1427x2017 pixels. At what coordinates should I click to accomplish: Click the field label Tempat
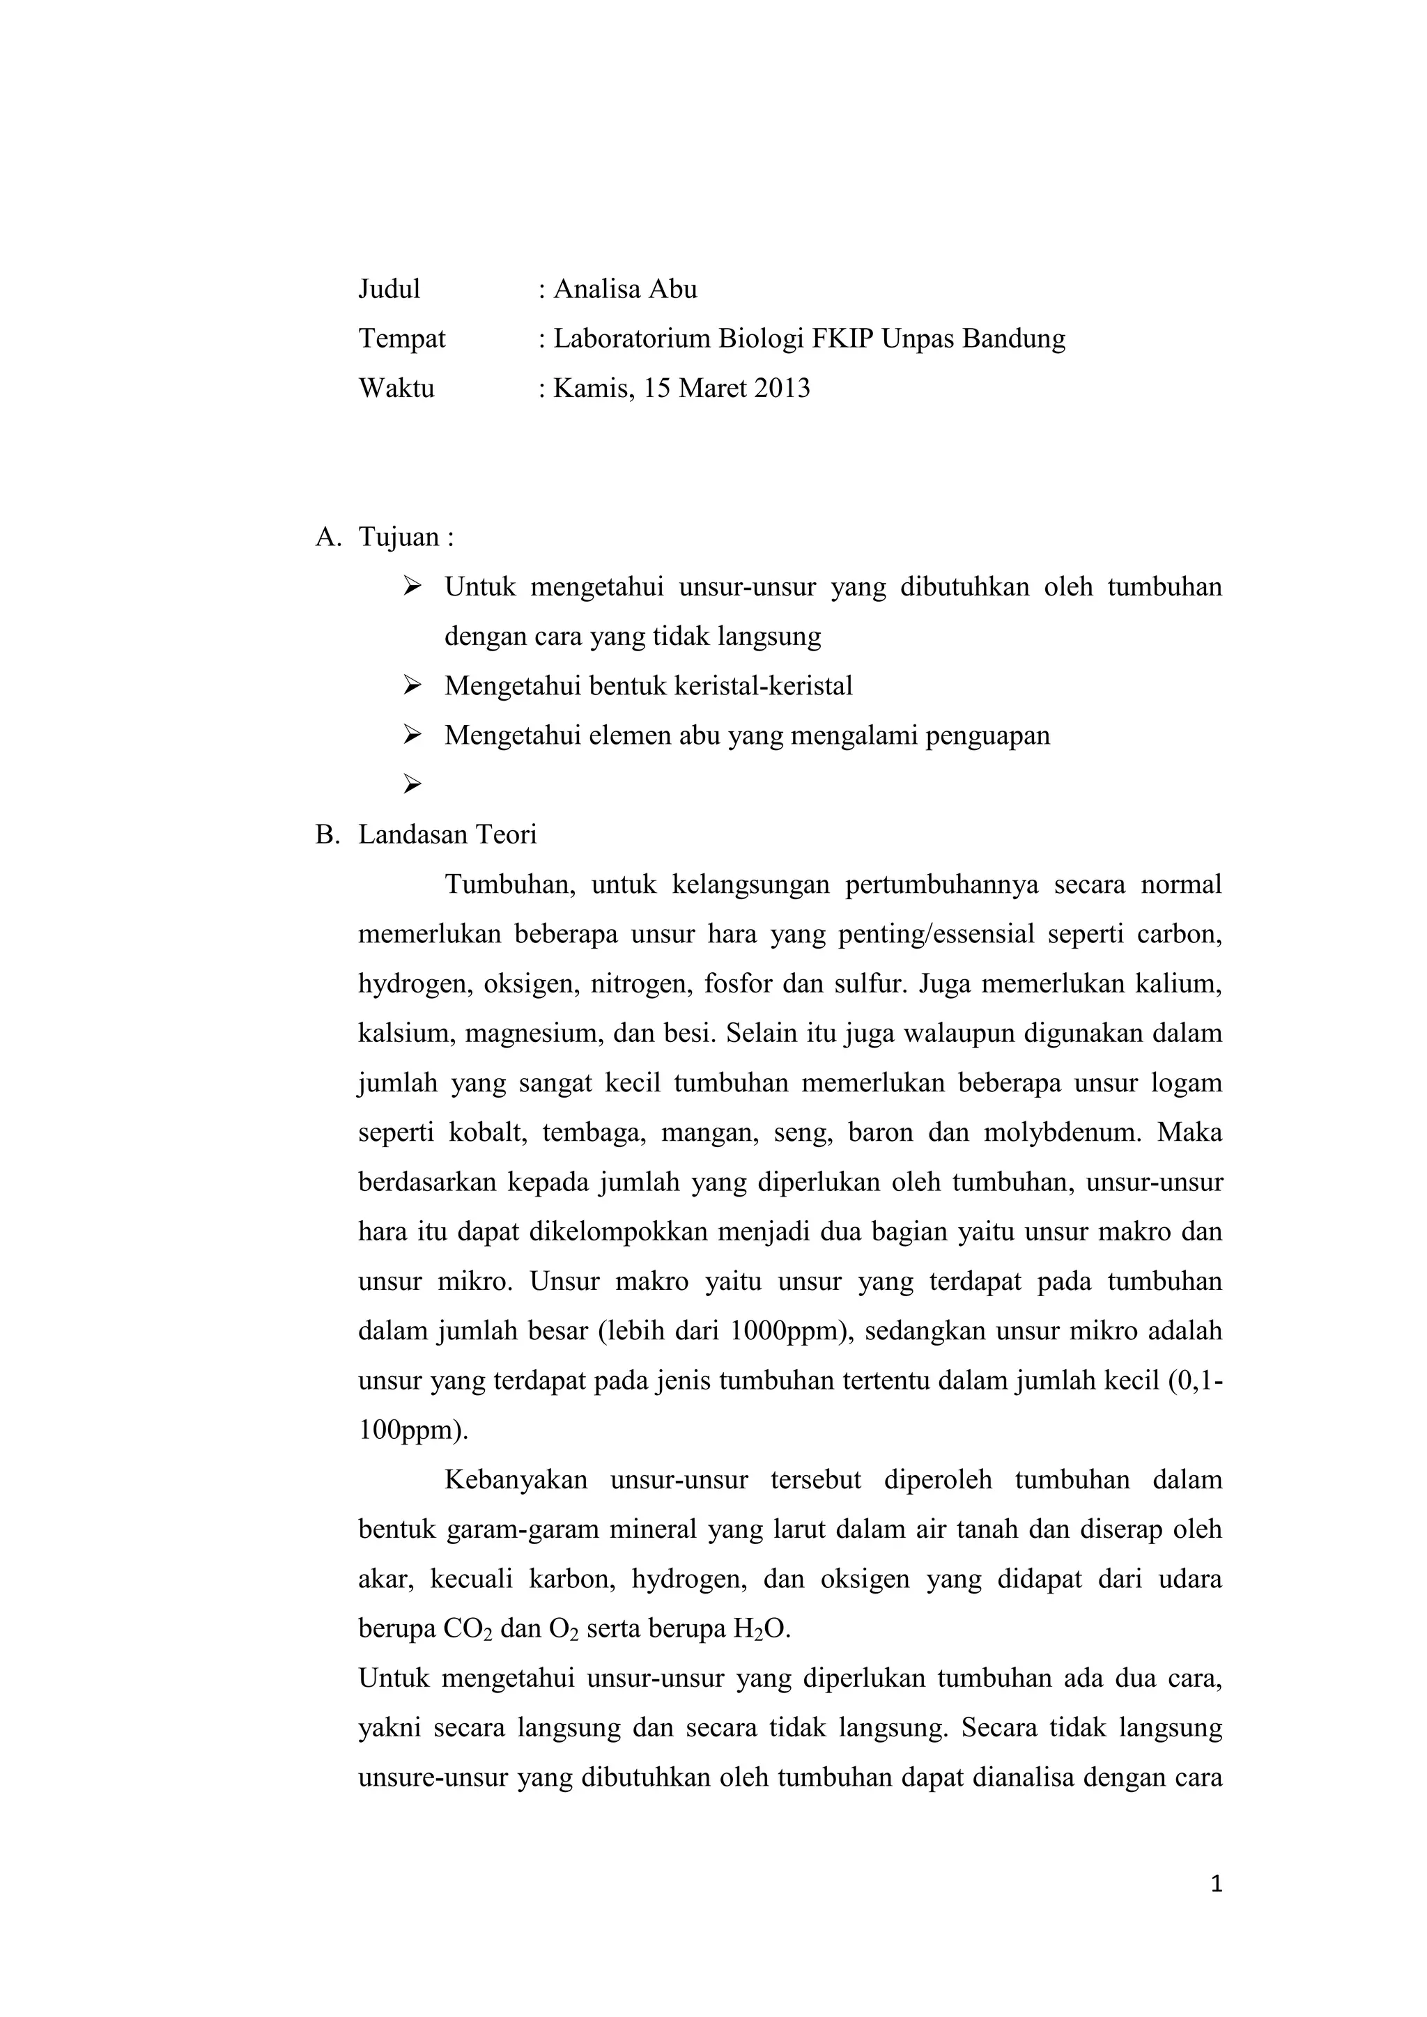point(401,338)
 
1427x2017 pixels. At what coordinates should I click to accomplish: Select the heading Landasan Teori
point(447,834)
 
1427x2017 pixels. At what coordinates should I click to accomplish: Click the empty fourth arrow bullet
point(412,784)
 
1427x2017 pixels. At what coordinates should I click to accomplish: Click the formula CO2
point(468,1630)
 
